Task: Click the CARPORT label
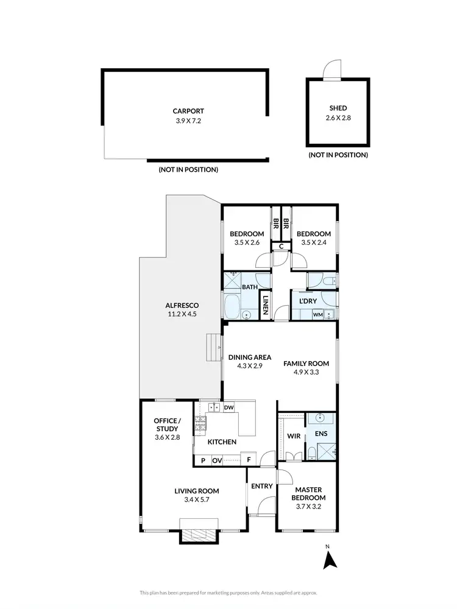pyautogui.click(x=188, y=111)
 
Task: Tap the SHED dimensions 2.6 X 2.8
pyautogui.click(x=338, y=118)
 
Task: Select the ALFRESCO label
pyautogui.click(x=182, y=305)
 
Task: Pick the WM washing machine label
pyautogui.click(x=317, y=315)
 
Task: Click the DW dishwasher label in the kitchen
pyautogui.click(x=229, y=407)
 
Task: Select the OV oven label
pyautogui.click(x=217, y=461)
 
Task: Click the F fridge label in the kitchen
pyautogui.click(x=248, y=461)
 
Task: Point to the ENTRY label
pyautogui.click(x=261, y=486)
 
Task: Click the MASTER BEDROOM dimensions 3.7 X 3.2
pyautogui.click(x=308, y=506)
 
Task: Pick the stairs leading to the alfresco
pyautogui.click(x=213, y=348)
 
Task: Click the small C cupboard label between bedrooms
pyautogui.click(x=281, y=247)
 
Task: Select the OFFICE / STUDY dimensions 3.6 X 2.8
pyautogui.click(x=167, y=437)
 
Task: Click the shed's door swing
pyautogui.click(x=332, y=70)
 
